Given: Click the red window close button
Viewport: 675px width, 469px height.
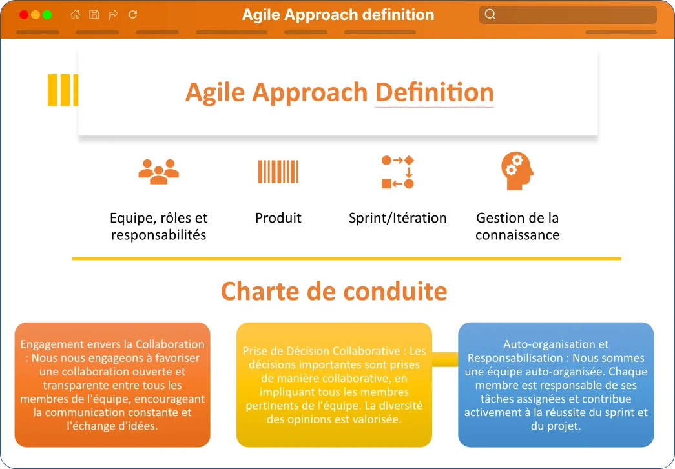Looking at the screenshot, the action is pos(24,15).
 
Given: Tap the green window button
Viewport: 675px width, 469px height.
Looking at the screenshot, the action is pos(47,15).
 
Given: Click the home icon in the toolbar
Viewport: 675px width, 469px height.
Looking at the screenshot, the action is pos(76,15).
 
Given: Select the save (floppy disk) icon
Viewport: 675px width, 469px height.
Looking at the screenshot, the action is pos(94,15).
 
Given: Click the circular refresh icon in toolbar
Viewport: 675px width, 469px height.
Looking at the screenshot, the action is pos(132,15).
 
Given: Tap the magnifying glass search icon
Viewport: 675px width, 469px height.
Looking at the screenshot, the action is pos(490,15).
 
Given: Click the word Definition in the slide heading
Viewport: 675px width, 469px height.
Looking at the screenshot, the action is pos(434,92).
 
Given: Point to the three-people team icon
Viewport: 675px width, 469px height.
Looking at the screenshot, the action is pos(158,172).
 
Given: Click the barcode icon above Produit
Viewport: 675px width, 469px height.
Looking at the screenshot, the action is pos(278,172).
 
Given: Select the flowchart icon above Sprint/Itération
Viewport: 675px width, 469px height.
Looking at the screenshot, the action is pos(398,172).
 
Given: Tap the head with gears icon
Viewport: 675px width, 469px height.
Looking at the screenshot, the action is pos(517,171).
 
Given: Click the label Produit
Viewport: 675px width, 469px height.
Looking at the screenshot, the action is pos(278,218).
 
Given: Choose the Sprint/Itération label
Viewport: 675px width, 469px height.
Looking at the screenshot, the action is pos(398,218).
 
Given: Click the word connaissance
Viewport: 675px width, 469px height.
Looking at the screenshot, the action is pos(517,235).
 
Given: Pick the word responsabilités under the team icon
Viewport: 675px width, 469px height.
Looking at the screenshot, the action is pos(158,235).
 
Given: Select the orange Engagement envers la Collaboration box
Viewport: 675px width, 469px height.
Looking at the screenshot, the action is pos(112,384).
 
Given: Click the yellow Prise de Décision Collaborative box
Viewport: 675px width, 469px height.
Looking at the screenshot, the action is pos(334,384).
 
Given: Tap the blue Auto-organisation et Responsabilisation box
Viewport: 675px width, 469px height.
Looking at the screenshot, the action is pos(556,384).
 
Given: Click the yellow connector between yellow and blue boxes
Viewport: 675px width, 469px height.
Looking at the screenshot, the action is pos(445,359).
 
